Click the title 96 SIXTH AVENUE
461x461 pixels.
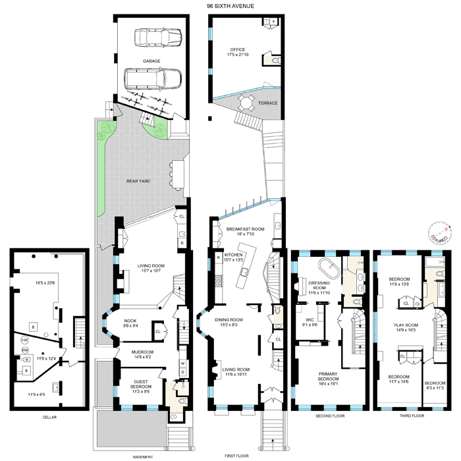[x=230, y=6]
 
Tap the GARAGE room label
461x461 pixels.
[x=152, y=61]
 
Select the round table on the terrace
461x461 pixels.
[x=246, y=101]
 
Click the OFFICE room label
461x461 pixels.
[x=237, y=49]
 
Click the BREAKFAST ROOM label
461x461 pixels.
[x=245, y=229]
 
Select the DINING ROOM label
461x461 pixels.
[x=229, y=320]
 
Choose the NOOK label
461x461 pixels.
[x=130, y=321]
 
